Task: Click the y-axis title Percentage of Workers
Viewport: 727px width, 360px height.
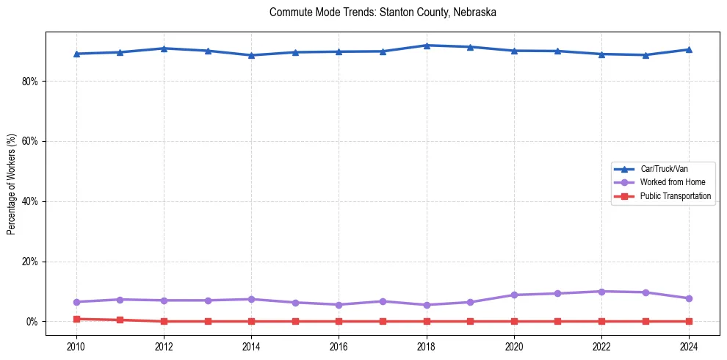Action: click(x=11, y=184)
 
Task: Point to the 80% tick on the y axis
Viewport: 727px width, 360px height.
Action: click(x=29, y=81)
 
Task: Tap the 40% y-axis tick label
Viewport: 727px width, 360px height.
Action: click(x=29, y=201)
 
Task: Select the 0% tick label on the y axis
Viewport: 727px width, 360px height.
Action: click(x=32, y=322)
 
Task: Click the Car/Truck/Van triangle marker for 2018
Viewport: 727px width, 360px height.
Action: click(x=426, y=46)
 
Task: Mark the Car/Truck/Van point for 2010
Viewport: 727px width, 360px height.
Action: click(x=76, y=54)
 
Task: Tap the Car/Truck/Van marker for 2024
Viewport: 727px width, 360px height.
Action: click(x=689, y=49)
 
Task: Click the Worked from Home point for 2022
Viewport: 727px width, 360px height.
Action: click(x=601, y=292)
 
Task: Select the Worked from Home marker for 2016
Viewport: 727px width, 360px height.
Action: click(x=339, y=305)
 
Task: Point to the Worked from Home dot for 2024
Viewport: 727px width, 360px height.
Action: click(x=689, y=298)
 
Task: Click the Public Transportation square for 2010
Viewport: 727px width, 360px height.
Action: click(x=76, y=319)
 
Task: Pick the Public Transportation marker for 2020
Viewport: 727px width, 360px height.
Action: click(x=514, y=321)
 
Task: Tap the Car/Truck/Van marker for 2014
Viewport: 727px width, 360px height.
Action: click(x=251, y=55)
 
